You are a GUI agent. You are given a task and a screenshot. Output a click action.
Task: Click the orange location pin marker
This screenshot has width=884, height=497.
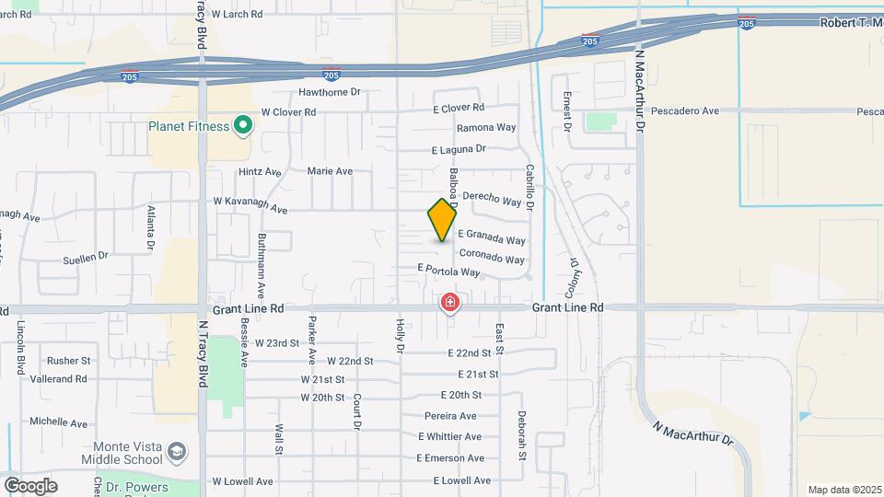442,220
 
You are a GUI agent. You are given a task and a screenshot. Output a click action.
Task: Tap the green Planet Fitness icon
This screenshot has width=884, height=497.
244,125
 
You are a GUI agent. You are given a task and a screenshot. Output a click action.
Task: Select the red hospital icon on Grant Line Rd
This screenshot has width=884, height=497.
449,302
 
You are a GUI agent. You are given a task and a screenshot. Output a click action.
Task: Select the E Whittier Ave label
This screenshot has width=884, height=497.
451,436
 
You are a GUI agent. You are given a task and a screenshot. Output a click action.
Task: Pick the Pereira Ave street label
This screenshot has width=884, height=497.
452,415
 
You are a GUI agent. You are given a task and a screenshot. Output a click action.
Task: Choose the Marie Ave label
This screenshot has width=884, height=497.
330,171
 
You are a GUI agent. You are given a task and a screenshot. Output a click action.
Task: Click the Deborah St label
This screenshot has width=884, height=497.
521,435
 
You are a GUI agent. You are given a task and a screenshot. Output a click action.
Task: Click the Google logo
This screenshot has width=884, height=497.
30,485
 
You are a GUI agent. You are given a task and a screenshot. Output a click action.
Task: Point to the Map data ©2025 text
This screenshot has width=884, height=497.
843,490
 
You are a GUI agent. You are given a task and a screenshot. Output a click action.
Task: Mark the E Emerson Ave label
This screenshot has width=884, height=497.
450,458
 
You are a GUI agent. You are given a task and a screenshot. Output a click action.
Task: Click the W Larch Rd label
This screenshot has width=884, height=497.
237,15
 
